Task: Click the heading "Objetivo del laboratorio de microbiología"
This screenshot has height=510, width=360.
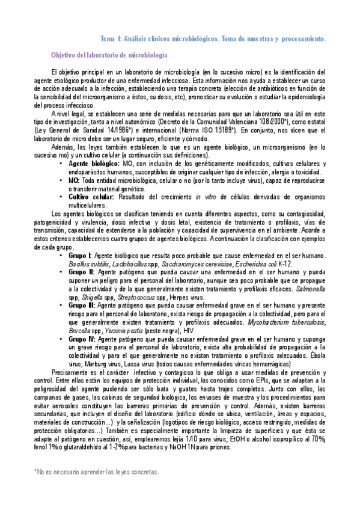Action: point(109,55)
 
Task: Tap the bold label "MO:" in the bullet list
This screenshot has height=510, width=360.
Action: point(74,180)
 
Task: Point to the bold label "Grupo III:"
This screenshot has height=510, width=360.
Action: point(82,305)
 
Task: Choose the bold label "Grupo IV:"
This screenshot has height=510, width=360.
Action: point(83,339)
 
